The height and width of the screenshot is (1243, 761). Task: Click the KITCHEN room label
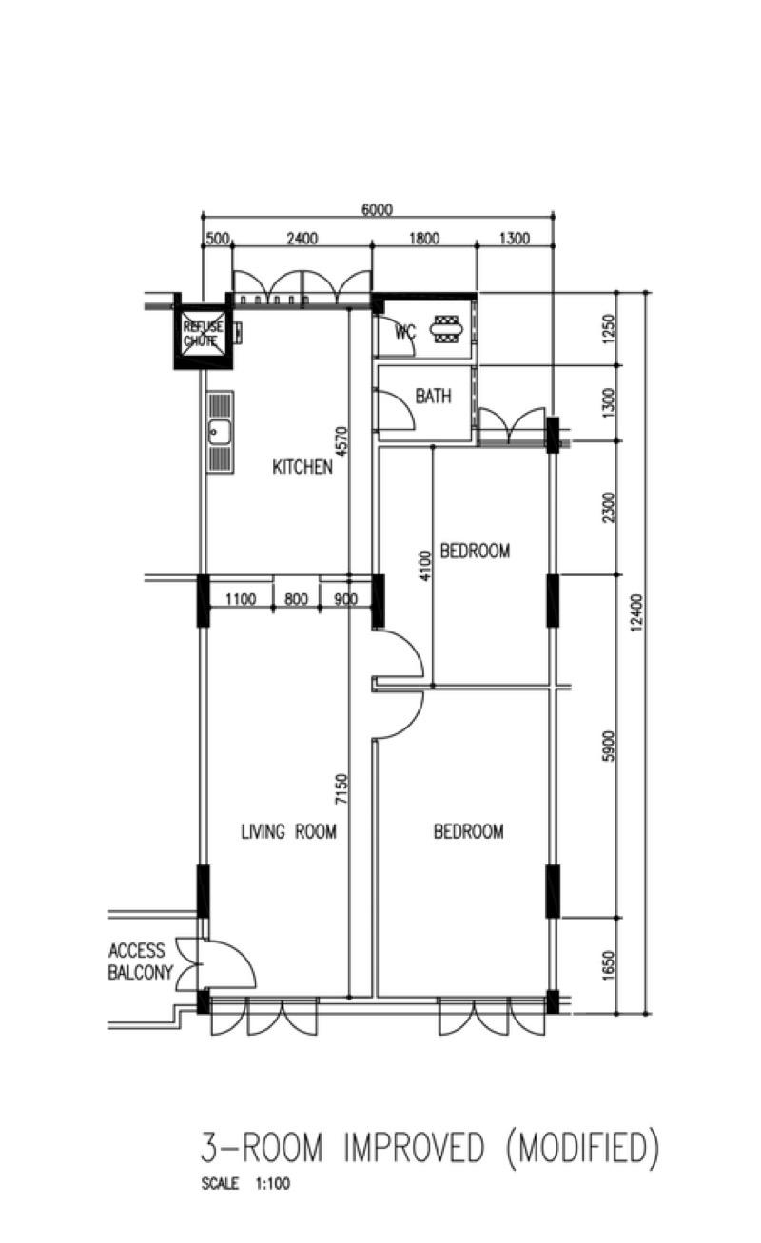pos(302,467)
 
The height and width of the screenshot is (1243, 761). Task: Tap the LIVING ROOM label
pos(288,832)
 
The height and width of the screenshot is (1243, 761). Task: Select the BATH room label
pos(433,397)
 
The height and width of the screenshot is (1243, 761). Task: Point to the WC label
pos(405,333)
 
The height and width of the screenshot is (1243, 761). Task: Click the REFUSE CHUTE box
pos(203,333)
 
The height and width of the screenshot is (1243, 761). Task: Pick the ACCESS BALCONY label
pos(140,961)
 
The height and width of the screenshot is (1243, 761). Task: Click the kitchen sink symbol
pos(220,433)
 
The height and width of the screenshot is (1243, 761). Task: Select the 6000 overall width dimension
pos(377,210)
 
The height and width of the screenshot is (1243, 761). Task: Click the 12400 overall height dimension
pos(636,605)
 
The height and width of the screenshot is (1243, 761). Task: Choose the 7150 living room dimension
pos(341,790)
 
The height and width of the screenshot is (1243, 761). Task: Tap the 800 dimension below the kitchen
pos(296,599)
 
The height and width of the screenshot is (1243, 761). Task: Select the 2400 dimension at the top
pos(302,239)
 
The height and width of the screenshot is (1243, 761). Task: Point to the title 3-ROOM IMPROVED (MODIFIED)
pos(428,1149)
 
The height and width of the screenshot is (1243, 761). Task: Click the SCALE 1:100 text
pos(245,1185)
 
